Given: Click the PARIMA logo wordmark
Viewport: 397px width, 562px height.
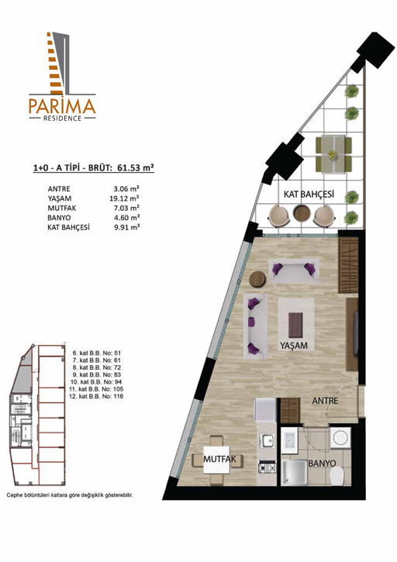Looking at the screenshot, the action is pyautogui.click(x=62, y=106).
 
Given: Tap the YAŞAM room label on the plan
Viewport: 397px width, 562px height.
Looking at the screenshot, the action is pyautogui.click(x=294, y=345).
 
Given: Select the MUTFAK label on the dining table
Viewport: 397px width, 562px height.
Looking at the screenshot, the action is pyautogui.click(x=219, y=459).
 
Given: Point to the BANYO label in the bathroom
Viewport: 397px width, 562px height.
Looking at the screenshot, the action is pyautogui.click(x=322, y=463).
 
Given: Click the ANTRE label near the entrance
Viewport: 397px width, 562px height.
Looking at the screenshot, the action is pyautogui.click(x=325, y=400).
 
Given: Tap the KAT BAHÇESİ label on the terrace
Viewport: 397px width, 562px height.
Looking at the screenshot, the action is pyautogui.click(x=309, y=195).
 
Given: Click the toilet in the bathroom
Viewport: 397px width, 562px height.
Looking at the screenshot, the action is pyautogui.click(x=337, y=476).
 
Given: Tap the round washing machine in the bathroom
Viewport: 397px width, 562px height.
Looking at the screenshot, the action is pyautogui.click(x=340, y=438).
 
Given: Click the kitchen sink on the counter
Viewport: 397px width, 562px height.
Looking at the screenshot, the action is pyautogui.click(x=267, y=440).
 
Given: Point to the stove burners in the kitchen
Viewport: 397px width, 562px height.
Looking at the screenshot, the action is pyautogui.click(x=268, y=467).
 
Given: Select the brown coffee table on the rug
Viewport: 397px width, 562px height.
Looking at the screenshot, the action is pyautogui.click(x=295, y=325).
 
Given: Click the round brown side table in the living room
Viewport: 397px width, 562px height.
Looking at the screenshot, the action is pyautogui.click(x=257, y=279).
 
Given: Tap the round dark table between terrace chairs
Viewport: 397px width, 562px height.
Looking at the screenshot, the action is pyautogui.click(x=301, y=214).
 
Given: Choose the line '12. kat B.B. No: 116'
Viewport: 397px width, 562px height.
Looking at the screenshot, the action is pyautogui.click(x=96, y=396).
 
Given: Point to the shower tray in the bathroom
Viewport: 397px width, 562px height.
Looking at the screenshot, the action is pyautogui.click(x=294, y=472).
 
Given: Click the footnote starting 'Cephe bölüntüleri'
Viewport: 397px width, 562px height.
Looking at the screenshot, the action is pyautogui.click(x=70, y=495).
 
